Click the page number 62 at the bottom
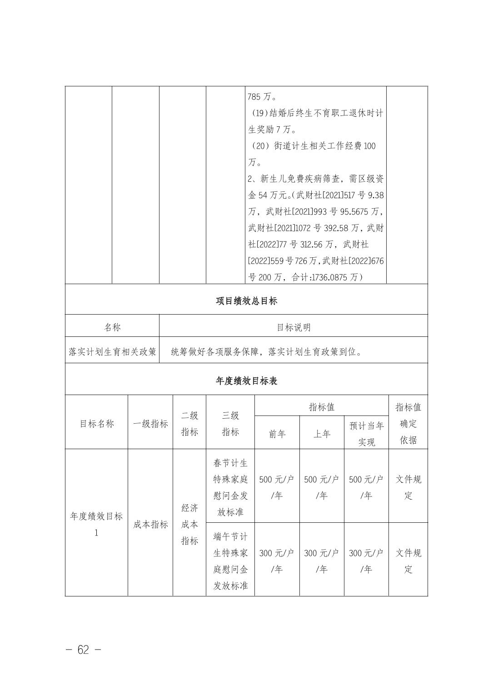(x=83, y=650)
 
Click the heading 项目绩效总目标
(x=246, y=300)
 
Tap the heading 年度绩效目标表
(x=246, y=381)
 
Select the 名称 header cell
(x=112, y=327)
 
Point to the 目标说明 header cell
(x=294, y=327)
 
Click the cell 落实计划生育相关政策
(x=112, y=352)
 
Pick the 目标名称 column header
(x=96, y=424)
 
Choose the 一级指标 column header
(x=150, y=424)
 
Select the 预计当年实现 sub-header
(x=366, y=434)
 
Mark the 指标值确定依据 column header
(x=408, y=424)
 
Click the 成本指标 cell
(x=150, y=524)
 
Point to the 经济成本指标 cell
(x=189, y=524)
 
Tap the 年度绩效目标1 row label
(x=96, y=524)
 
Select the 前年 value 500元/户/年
(x=277, y=487)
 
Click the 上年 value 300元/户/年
(x=322, y=561)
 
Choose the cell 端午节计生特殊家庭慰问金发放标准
(x=230, y=561)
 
